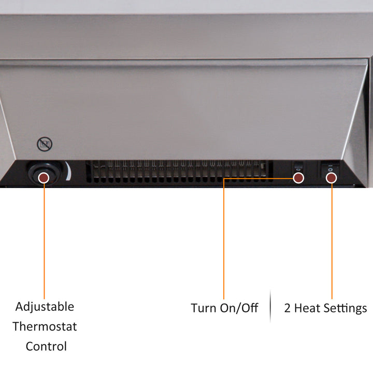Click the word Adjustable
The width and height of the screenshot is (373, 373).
pos(45,307)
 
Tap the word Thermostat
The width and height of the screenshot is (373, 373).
pos(45,326)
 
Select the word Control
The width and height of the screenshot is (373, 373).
pos(46,347)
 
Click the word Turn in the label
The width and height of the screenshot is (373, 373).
pos(204,308)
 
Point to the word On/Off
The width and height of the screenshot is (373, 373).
pos(239,308)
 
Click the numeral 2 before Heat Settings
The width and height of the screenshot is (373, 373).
pos(288,308)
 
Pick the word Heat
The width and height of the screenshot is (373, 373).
pos(307,308)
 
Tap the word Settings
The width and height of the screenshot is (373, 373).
pos(346,309)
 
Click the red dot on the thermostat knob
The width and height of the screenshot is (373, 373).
pos(44,178)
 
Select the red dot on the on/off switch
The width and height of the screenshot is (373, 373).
pos(298,178)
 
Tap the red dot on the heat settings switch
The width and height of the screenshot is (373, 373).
pos(332,178)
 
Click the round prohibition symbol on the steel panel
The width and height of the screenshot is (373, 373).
pos(45,144)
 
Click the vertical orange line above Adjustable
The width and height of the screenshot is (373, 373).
pos(44,241)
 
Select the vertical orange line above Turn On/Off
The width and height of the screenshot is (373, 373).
pos(224,239)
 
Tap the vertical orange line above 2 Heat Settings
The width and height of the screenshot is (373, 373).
pos(332,241)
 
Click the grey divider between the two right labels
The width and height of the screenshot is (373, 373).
pos(270,306)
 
